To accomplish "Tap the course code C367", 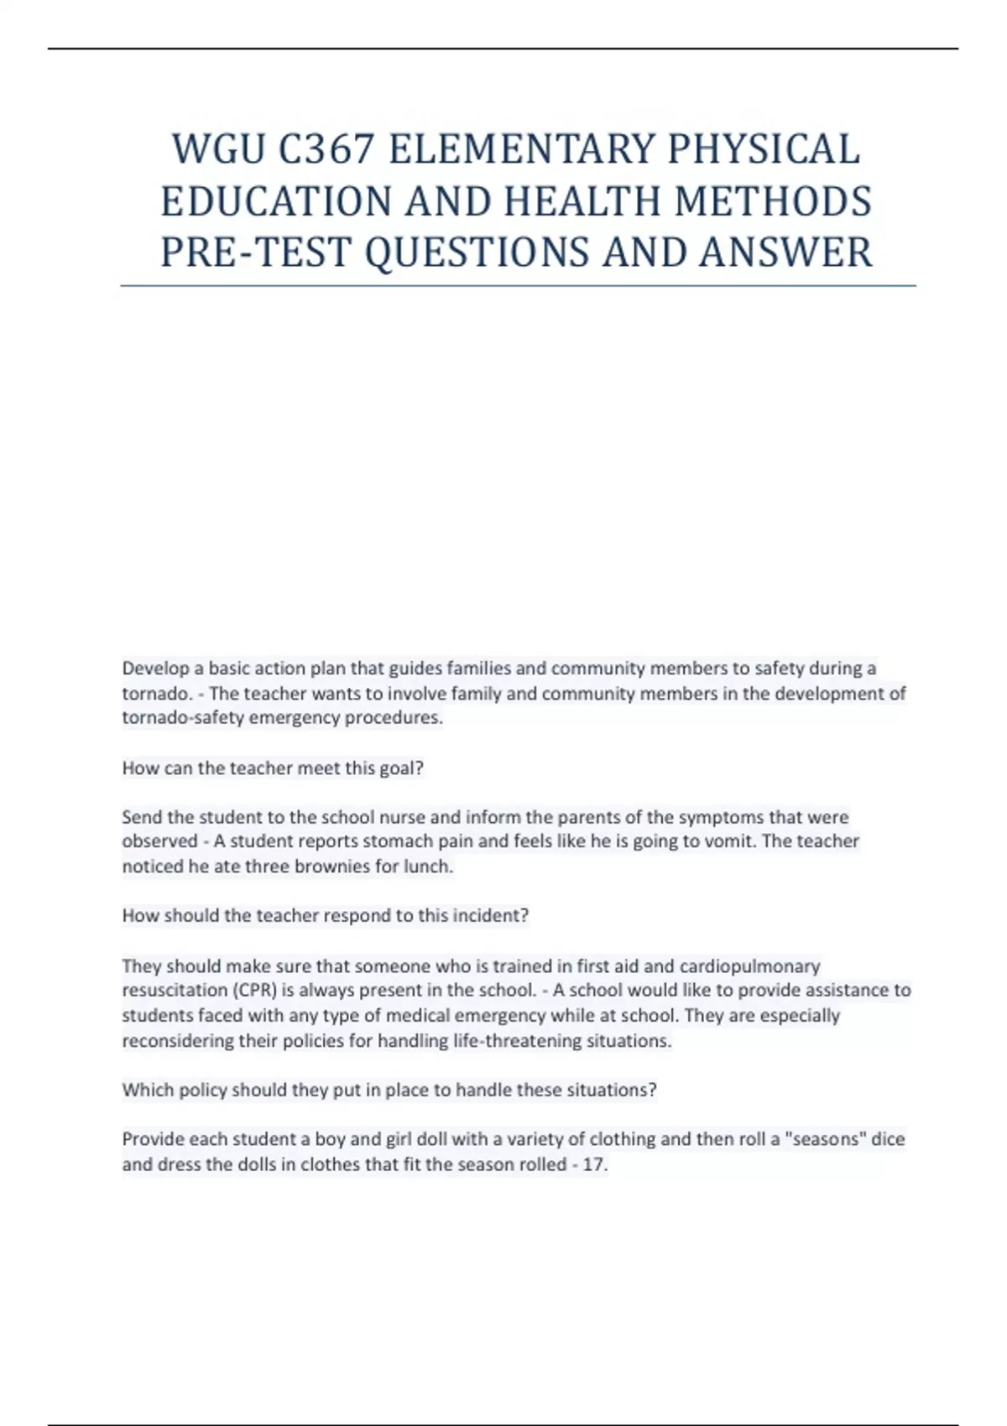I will click(326, 149).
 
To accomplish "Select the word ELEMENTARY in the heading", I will click(521, 149).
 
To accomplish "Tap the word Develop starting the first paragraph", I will click(155, 669).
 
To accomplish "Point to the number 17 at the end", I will click(593, 1165).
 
